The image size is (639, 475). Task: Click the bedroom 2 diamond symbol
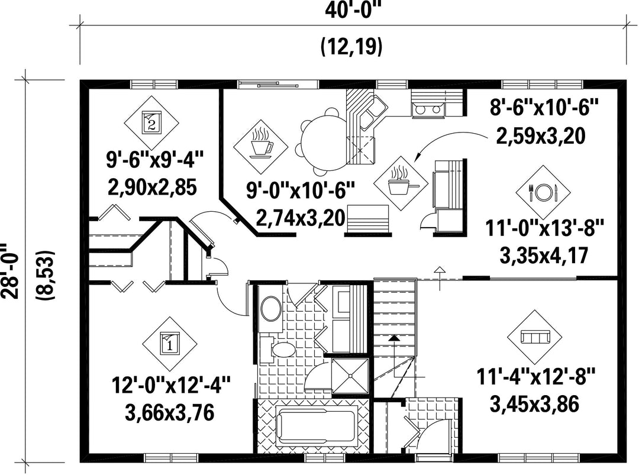pos(151,123)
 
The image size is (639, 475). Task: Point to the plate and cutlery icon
pos(543,192)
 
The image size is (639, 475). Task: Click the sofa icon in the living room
pos(535,337)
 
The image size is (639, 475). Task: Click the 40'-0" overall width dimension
pos(353,9)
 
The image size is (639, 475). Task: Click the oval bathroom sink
pos(270,308)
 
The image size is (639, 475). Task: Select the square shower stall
pos(350,376)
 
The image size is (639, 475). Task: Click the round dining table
pos(323,144)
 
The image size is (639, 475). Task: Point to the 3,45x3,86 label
pos(535,405)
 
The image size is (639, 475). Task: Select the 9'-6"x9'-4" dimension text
pos(154,159)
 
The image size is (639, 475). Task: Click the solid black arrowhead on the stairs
pos(393,337)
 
